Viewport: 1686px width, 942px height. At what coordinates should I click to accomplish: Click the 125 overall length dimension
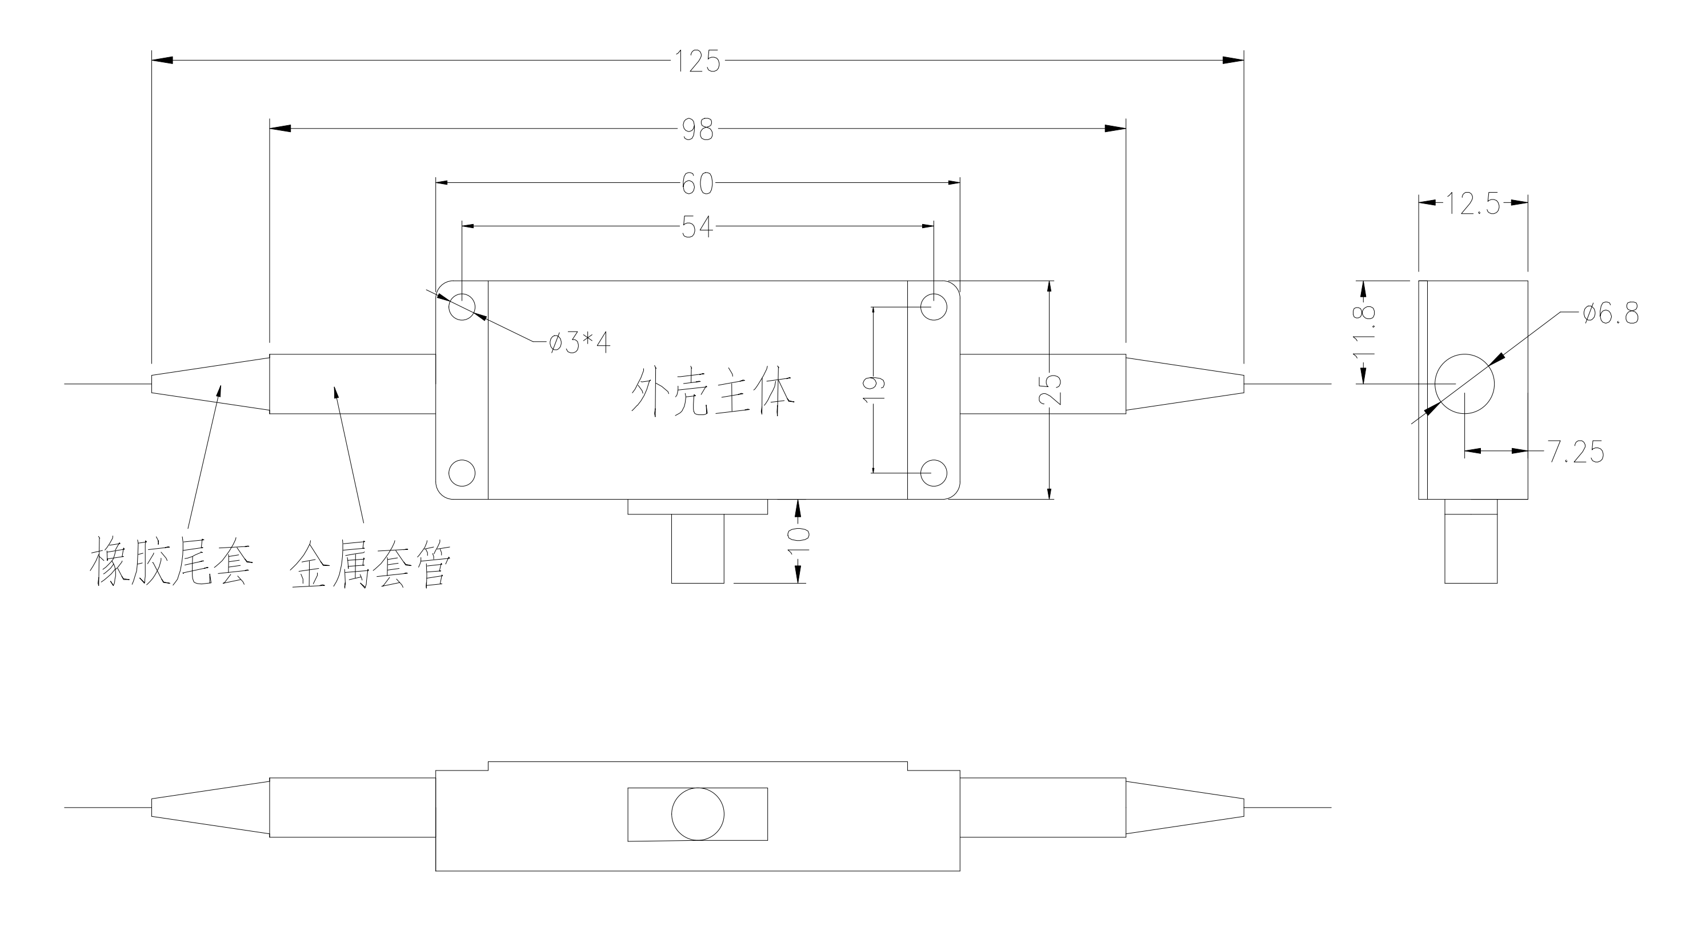(698, 62)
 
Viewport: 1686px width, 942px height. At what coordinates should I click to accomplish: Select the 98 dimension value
(698, 130)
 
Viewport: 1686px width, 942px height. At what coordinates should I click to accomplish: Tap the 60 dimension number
(698, 184)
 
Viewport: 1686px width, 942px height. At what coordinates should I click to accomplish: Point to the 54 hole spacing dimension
(698, 227)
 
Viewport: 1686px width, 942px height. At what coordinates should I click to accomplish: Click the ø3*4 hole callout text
(580, 342)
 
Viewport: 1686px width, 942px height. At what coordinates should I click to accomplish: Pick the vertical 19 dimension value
(876, 389)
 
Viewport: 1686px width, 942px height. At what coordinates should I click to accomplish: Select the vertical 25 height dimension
(1051, 389)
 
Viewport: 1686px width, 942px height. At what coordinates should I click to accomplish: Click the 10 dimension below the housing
(800, 541)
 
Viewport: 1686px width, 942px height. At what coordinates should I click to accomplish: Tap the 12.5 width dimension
(1473, 204)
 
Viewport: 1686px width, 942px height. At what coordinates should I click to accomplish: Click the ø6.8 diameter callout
(1611, 314)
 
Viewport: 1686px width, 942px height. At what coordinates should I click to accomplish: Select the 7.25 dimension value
(1575, 452)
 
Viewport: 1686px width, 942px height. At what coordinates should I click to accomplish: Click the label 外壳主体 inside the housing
(712, 392)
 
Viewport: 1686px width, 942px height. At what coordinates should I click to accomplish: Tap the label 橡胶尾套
(171, 562)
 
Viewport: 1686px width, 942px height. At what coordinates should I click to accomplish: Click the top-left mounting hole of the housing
(462, 306)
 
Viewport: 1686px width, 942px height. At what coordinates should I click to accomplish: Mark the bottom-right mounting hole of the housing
(934, 473)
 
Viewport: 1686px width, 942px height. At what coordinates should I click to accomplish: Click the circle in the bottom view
(698, 814)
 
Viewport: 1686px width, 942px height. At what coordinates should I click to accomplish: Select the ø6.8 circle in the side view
(1464, 384)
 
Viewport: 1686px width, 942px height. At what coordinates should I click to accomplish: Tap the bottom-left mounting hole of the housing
(462, 473)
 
